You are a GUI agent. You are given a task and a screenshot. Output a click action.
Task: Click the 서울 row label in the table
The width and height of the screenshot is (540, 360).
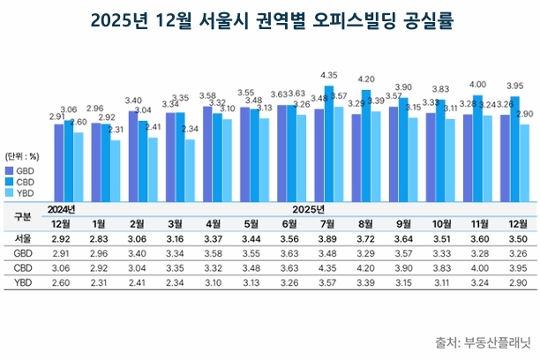coord(24,238)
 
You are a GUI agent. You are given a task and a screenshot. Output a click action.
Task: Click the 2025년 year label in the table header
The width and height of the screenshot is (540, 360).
coord(309,209)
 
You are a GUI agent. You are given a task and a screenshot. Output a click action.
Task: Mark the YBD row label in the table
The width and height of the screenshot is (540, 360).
coord(24,281)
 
